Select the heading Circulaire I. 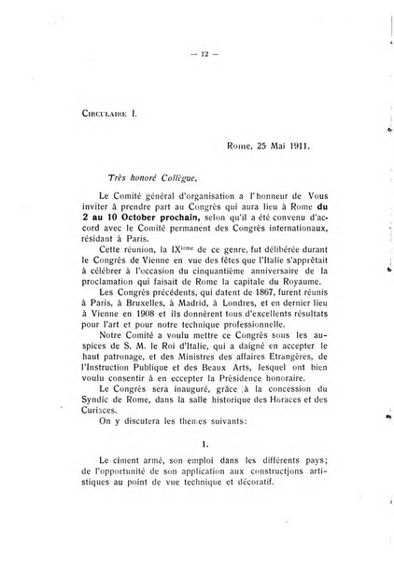(87, 119)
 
